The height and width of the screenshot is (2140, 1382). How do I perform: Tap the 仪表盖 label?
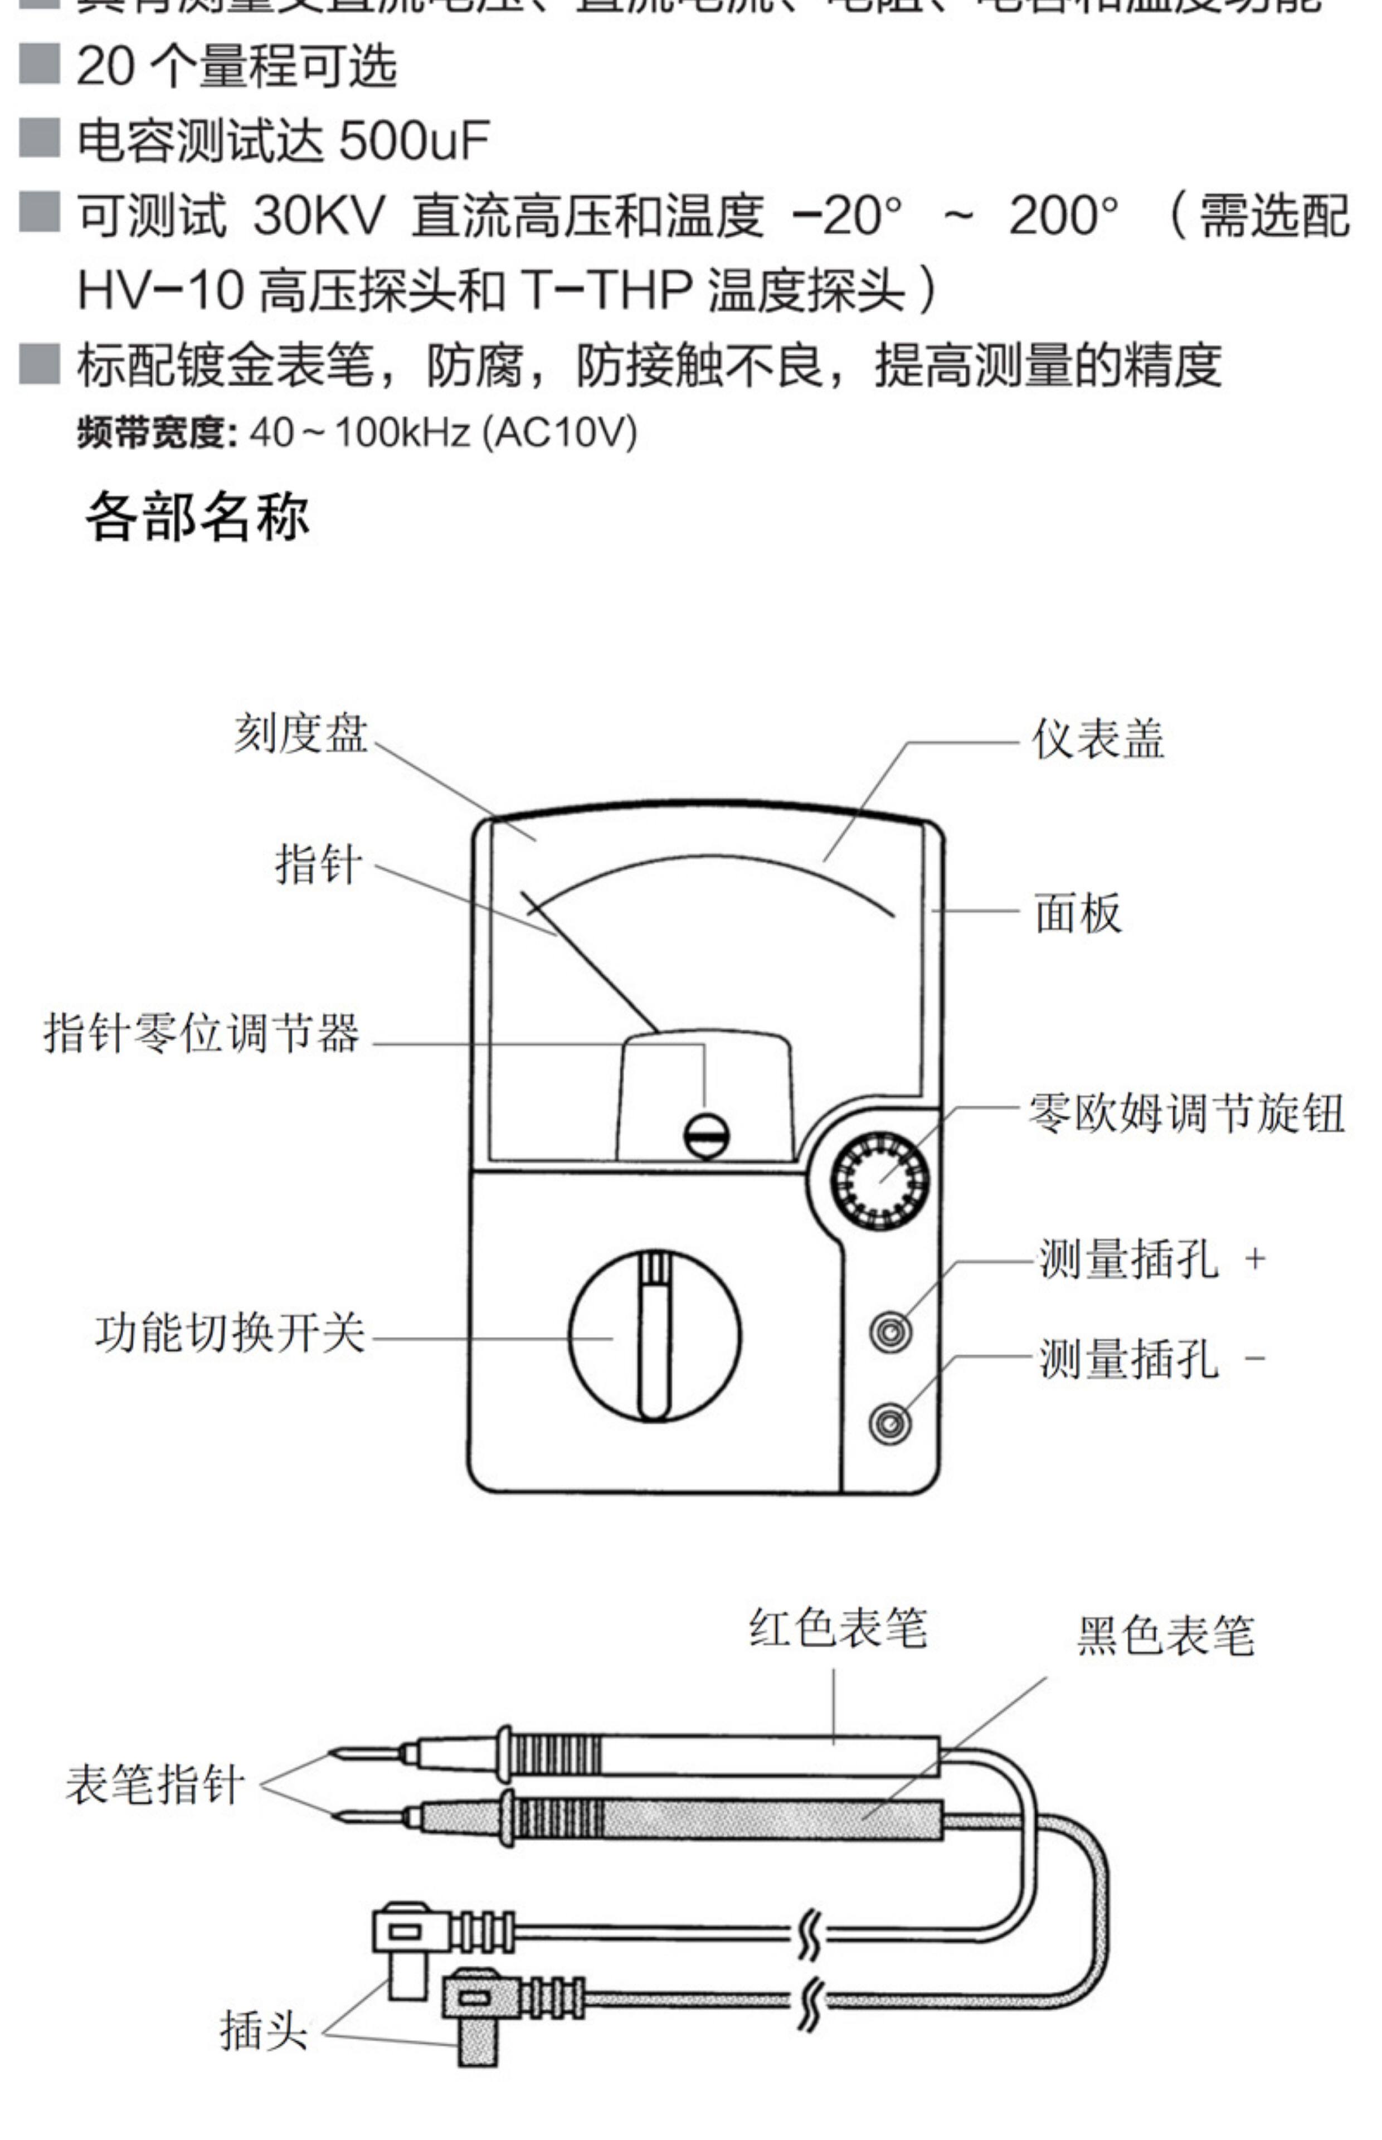coord(1097,740)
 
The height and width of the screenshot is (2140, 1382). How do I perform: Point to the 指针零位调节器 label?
coord(202,1032)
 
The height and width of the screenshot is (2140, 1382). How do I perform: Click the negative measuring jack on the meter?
coord(890,1422)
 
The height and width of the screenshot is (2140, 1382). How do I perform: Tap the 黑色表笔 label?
coord(1165,1635)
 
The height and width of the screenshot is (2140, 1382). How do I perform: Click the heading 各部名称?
coord(197,516)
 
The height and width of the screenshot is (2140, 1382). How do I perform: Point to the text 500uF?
coord(413,141)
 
